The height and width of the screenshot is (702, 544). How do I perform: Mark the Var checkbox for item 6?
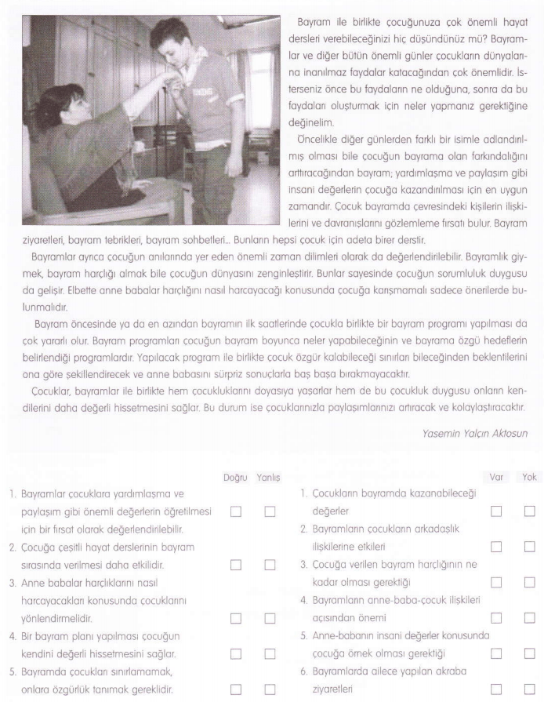coord(495,689)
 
